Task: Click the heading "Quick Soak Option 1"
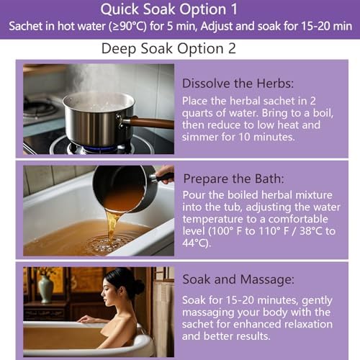click(179, 10)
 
